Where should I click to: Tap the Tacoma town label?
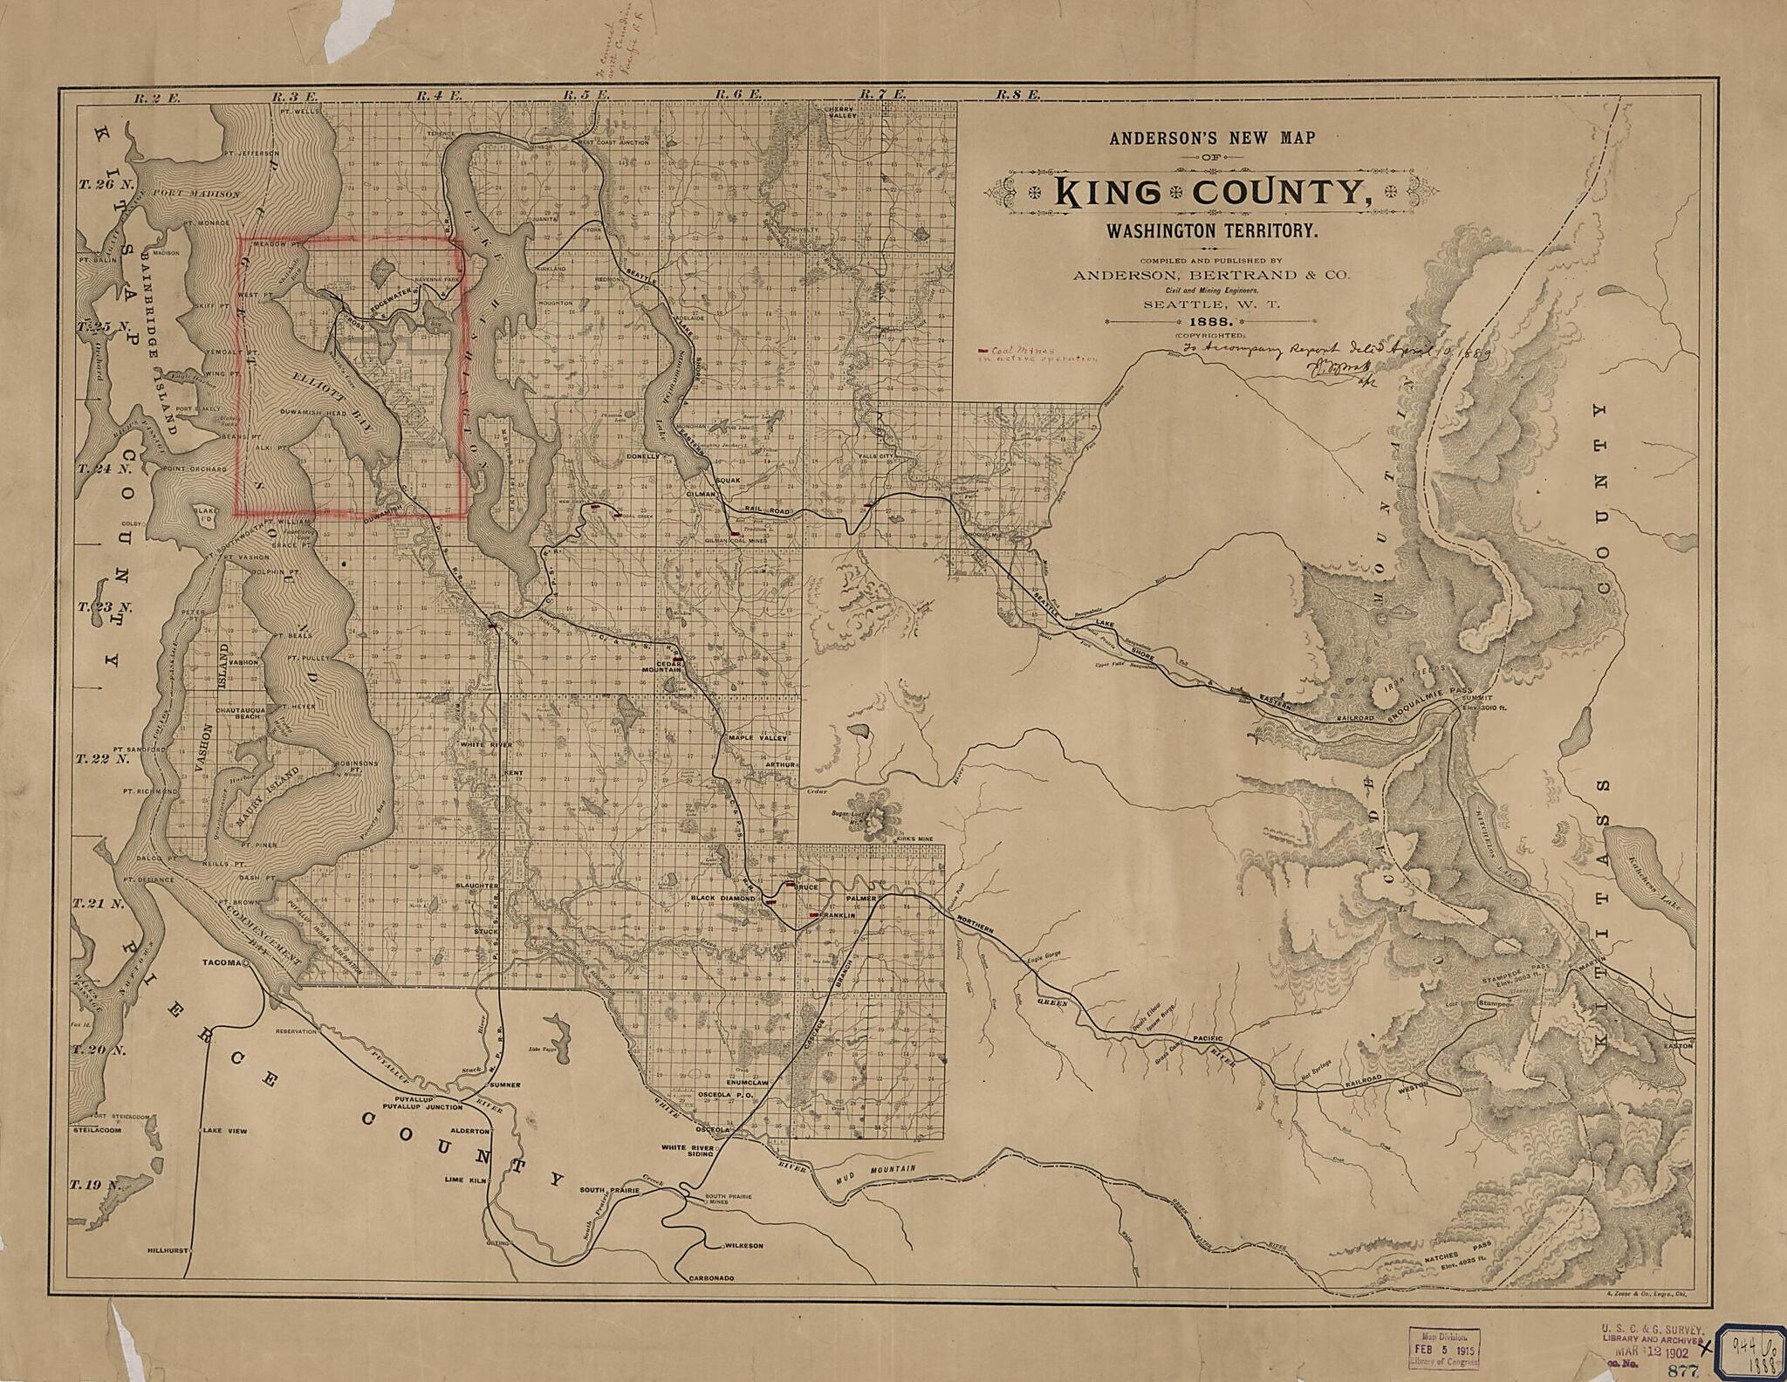coord(221,963)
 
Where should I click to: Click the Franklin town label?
coord(836,916)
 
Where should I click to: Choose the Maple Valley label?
coord(757,738)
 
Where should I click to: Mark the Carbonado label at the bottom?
coord(711,1278)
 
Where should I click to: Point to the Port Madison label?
coord(195,194)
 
